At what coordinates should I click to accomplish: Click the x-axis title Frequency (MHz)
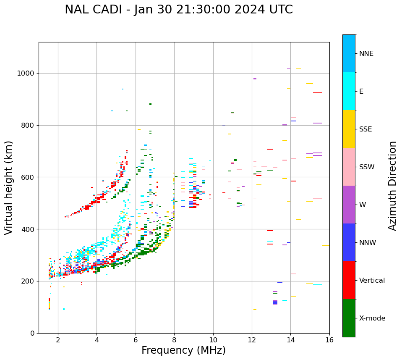pyautogui.click(x=183, y=350)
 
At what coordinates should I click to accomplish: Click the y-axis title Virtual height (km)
pyautogui.click(x=9, y=188)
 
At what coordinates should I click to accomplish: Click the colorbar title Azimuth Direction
pyautogui.click(x=392, y=186)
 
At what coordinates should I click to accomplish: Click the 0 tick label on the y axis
pyautogui.click(x=32, y=333)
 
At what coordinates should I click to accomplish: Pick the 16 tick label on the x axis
pyautogui.click(x=329, y=340)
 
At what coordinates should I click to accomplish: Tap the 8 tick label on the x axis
pyautogui.click(x=174, y=340)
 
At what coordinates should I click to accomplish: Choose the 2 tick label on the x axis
pyautogui.click(x=58, y=340)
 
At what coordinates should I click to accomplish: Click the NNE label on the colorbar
pyautogui.click(x=366, y=54)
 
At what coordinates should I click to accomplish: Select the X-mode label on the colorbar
pyautogui.click(x=372, y=318)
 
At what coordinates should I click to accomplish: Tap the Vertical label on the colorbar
pyautogui.click(x=372, y=281)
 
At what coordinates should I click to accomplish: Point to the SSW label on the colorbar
pyautogui.click(x=367, y=167)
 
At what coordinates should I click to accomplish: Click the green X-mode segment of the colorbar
pyautogui.click(x=349, y=318)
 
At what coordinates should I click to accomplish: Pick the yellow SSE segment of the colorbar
pyautogui.click(x=349, y=129)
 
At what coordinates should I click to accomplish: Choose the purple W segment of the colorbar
pyautogui.click(x=349, y=205)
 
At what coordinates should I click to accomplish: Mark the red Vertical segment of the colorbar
pyautogui.click(x=349, y=280)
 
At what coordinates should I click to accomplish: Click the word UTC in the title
pyautogui.click(x=280, y=10)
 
